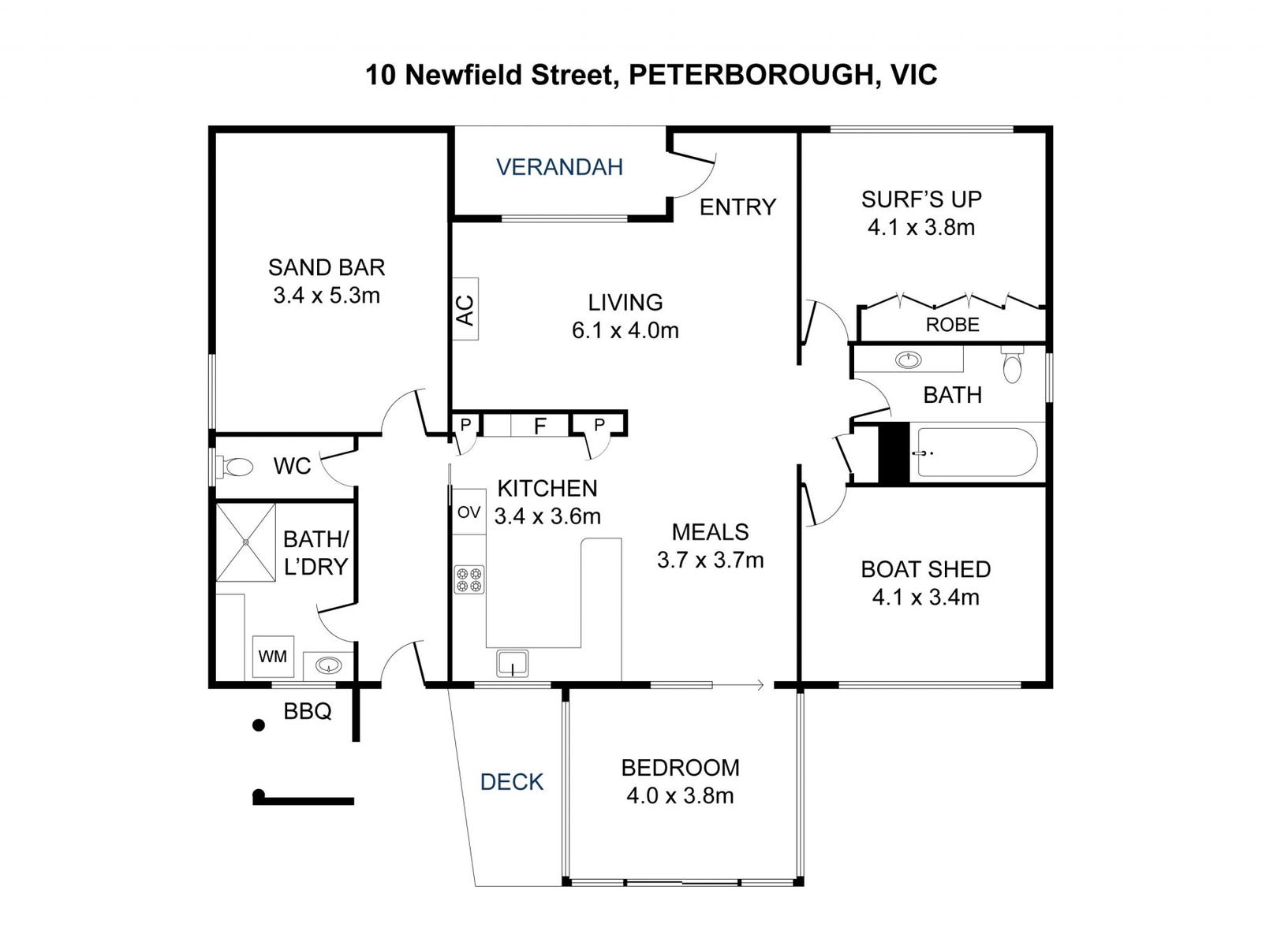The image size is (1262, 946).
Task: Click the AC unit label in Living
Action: (x=465, y=309)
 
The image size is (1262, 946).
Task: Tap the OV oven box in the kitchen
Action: (x=469, y=512)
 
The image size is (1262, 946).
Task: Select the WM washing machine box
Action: (x=273, y=656)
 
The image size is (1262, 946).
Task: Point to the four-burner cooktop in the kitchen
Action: (x=469, y=579)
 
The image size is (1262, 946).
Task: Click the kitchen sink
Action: (x=512, y=664)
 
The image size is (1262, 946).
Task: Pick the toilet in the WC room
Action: (x=234, y=467)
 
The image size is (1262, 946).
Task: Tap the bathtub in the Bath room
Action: (x=976, y=453)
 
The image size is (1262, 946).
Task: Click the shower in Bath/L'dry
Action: (x=245, y=543)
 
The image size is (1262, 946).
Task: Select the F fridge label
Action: (x=540, y=426)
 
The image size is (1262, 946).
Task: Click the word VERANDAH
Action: (x=559, y=166)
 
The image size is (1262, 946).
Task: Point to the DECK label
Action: (x=512, y=782)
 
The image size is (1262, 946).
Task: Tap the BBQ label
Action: (x=308, y=712)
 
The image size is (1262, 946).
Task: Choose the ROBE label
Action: (x=952, y=325)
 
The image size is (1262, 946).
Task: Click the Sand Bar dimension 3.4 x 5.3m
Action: (x=327, y=296)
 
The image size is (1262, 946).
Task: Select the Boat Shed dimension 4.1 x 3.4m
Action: (x=926, y=598)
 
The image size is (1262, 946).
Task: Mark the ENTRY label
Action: (x=737, y=207)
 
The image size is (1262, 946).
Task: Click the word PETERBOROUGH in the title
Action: (x=750, y=75)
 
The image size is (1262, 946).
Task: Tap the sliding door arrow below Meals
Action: (x=738, y=684)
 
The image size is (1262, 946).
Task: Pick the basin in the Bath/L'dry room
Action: (x=328, y=665)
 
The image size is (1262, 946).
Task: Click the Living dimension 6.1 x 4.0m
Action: (x=625, y=331)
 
